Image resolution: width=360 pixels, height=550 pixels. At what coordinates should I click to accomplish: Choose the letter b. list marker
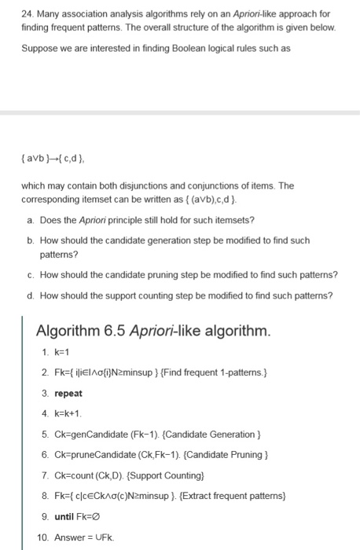point(29,240)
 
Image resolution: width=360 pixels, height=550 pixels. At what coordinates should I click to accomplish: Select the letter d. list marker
point(29,295)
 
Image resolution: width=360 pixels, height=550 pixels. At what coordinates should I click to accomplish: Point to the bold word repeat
point(68,393)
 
